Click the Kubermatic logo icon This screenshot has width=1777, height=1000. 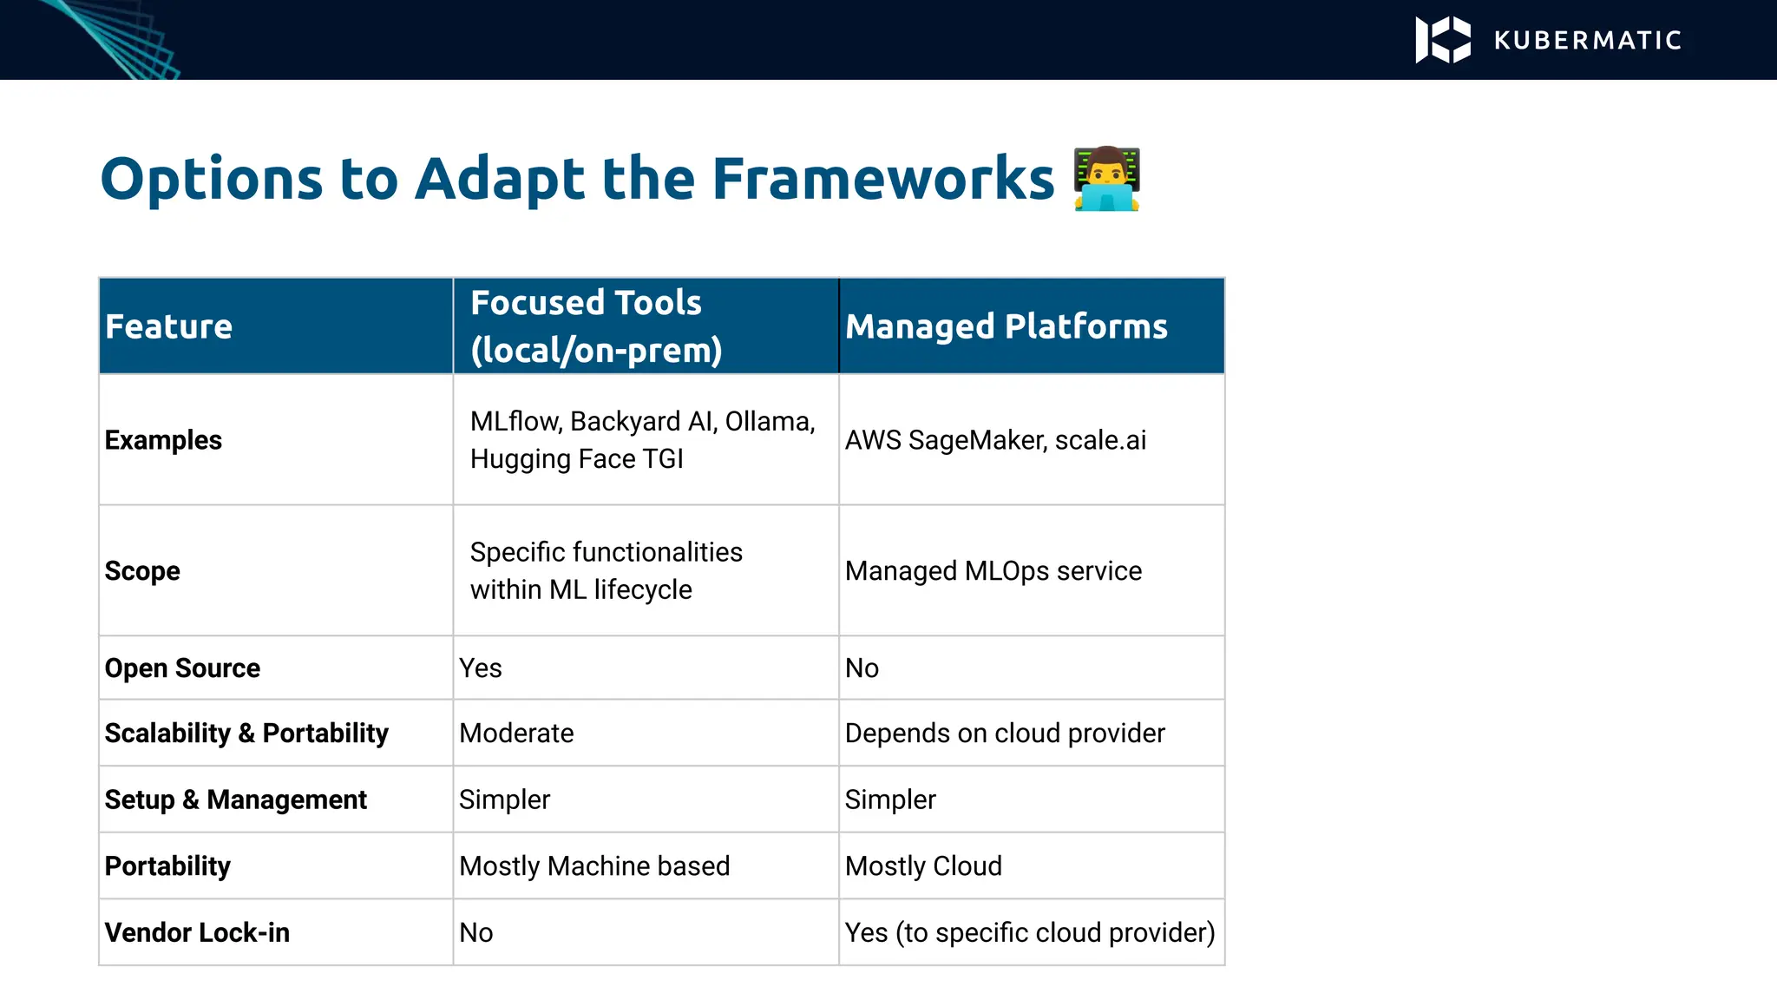pyautogui.click(x=1442, y=40)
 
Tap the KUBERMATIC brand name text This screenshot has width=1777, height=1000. pyautogui.click(x=1588, y=41)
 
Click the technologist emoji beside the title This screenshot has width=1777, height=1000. pyautogui.click(x=1106, y=180)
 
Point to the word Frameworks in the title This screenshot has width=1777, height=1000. pyautogui.click(x=882, y=180)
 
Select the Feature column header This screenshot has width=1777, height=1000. pyautogui.click(x=168, y=327)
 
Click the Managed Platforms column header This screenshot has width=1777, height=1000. pyautogui.click(x=1006, y=327)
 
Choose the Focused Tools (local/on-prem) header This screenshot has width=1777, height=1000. pyautogui.click(x=596, y=326)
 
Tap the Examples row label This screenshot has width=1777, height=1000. pyautogui.click(x=163, y=440)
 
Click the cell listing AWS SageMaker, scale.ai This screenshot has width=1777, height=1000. pyautogui.click(x=995, y=440)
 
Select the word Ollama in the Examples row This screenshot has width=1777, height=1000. pyautogui.click(x=769, y=422)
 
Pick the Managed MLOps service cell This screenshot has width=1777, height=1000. pyautogui.click(x=993, y=571)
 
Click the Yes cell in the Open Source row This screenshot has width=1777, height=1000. pyautogui.click(x=481, y=668)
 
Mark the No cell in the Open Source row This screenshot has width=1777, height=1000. pyautogui.click(x=862, y=668)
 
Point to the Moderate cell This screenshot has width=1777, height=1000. pyautogui.click(x=516, y=734)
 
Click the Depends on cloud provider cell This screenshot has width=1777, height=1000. pyautogui.click(x=1004, y=734)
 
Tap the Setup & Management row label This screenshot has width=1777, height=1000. pyautogui.click(x=235, y=799)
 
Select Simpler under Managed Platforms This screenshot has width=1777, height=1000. pyautogui.click(x=890, y=799)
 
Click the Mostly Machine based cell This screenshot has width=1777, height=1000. pyautogui.click(x=594, y=866)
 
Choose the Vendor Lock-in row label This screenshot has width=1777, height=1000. pyautogui.click(x=197, y=932)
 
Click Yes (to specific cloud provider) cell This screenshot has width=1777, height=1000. pyautogui.click(x=1029, y=932)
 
